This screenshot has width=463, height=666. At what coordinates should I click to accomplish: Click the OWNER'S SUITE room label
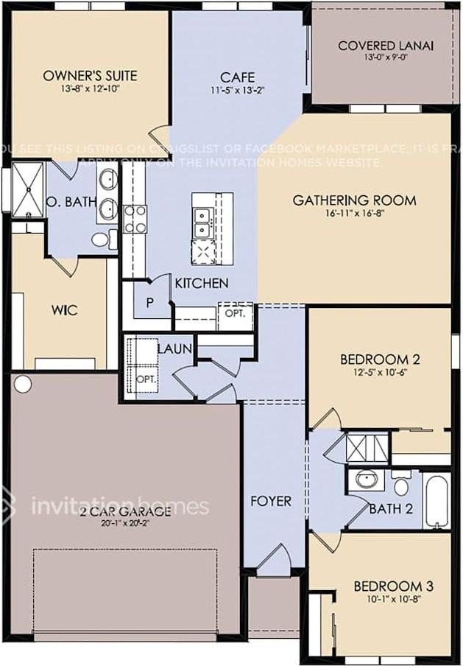tap(90, 75)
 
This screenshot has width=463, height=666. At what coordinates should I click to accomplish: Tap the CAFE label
tap(237, 77)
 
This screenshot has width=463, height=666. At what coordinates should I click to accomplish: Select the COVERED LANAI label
tap(385, 46)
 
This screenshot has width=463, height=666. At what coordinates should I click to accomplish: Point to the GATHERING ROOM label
tap(354, 200)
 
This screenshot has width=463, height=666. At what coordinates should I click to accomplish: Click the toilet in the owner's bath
tap(103, 239)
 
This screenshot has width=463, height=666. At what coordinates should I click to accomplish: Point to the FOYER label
tap(270, 501)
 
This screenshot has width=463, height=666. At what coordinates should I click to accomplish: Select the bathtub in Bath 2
tap(435, 501)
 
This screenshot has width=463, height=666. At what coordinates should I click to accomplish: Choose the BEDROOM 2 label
tap(380, 360)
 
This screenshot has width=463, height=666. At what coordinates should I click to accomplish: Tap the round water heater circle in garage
tap(23, 384)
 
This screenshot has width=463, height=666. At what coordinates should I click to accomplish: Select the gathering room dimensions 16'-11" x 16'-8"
tap(354, 214)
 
